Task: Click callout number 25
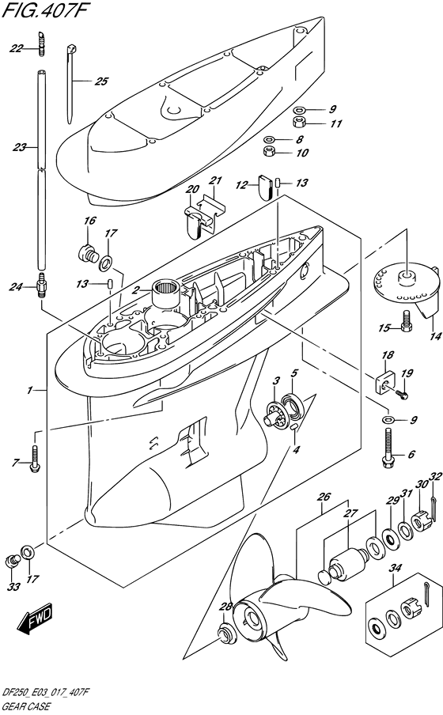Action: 101,81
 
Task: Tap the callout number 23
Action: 20,147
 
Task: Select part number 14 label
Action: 435,336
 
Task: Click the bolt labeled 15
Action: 407,320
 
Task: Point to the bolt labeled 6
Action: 388,448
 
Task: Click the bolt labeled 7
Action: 35,460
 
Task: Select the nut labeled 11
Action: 299,123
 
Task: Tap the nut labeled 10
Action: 270,151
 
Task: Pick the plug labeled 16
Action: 88,253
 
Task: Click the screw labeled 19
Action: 402,392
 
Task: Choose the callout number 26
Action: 324,497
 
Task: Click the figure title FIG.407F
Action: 44,11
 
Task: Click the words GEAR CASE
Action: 27,708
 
